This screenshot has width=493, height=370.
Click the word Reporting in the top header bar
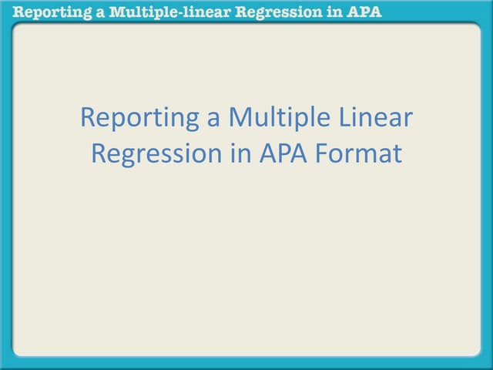pos(47,12)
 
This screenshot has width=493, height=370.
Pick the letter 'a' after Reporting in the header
pos(90,12)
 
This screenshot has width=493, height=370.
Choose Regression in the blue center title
pos(153,153)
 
